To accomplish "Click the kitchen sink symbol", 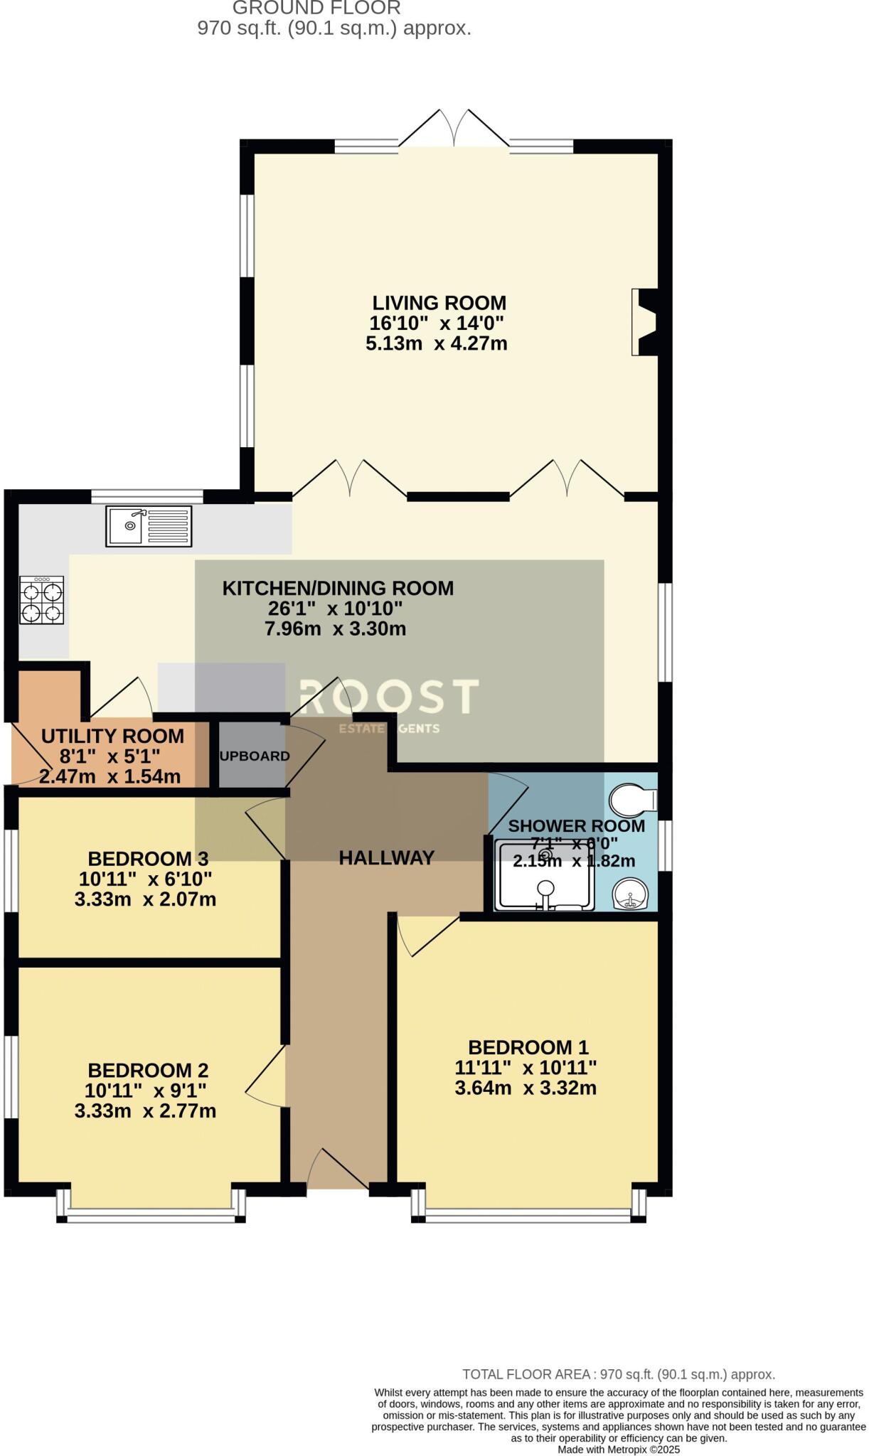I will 149,526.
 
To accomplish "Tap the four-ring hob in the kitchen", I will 42,601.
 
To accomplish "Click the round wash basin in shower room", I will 630,894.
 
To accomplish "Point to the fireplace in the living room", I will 644,321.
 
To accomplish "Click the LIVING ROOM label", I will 439,303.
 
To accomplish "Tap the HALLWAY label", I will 386,858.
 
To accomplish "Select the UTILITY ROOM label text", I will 112,736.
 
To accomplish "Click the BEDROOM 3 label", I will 148,859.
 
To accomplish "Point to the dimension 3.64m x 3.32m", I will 526,1088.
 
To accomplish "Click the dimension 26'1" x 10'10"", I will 335,609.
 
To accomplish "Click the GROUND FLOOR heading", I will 316,9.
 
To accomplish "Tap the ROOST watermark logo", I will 388,697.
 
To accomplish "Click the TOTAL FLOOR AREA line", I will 618,1374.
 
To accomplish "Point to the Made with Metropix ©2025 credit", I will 618,1449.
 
